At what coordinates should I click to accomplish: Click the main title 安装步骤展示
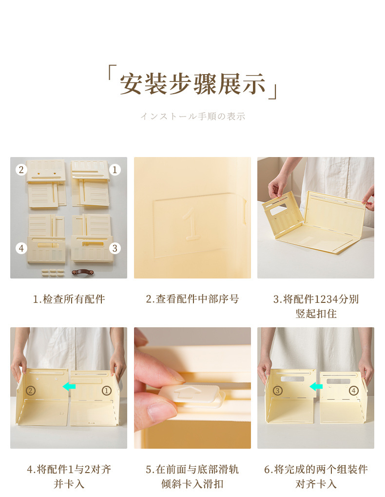tap(192, 83)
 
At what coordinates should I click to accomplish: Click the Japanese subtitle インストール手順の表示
tap(192, 117)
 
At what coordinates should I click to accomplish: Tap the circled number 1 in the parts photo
tap(115, 170)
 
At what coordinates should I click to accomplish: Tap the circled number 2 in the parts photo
tap(20, 170)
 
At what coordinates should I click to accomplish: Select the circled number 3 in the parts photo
tap(115, 248)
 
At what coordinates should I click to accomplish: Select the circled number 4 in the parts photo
tap(21, 248)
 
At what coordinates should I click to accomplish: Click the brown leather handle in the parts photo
tap(82, 272)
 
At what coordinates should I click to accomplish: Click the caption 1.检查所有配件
tap(69, 299)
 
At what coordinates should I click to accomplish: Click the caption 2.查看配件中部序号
tap(192, 299)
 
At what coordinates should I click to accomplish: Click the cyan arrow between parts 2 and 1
tap(69, 386)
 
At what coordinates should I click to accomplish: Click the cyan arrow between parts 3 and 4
tap(316, 387)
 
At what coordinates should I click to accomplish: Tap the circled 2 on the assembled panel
tap(31, 390)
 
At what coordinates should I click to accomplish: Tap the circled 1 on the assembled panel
tap(106, 390)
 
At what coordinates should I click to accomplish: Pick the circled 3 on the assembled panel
tap(277, 390)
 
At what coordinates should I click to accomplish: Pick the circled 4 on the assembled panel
tap(353, 390)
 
